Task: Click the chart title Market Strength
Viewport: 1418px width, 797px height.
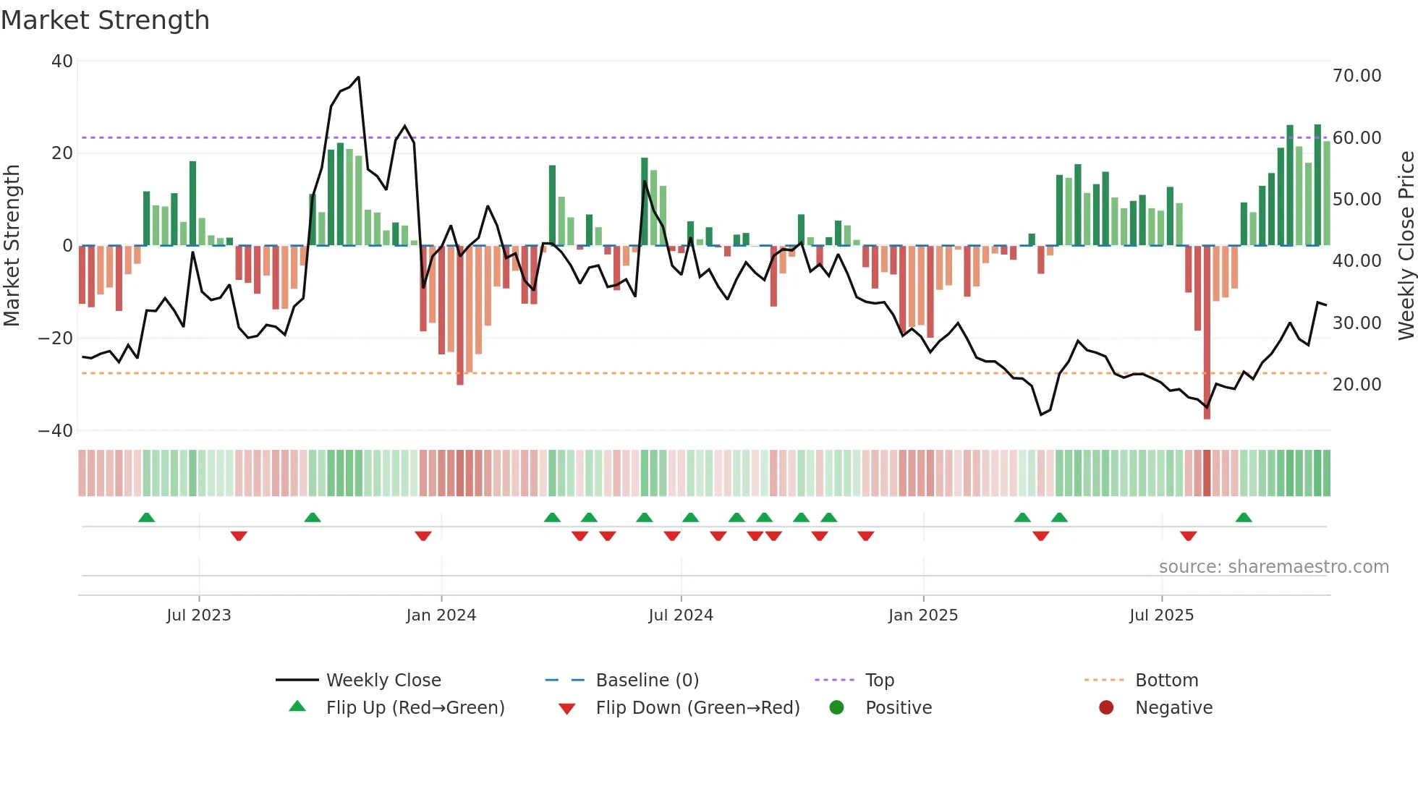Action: coord(105,20)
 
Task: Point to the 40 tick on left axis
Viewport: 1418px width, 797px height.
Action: coord(62,61)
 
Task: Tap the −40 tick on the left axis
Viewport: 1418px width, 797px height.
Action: coord(56,431)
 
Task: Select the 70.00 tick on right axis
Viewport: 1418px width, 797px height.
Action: coord(1357,76)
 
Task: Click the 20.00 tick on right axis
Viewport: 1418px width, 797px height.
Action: coord(1357,385)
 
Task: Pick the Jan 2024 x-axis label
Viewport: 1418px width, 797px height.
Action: coord(441,615)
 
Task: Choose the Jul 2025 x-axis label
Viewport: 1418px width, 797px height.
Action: coord(1161,615)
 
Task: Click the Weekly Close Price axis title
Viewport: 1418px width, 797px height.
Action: coord(1406,246)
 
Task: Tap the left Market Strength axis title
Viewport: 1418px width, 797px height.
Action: coord(12,246)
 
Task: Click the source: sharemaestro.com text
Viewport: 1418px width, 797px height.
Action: coord(1273,567)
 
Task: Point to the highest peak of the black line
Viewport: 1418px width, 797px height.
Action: coord(358,77)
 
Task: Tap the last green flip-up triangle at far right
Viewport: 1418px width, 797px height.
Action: coord(1244,518)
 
